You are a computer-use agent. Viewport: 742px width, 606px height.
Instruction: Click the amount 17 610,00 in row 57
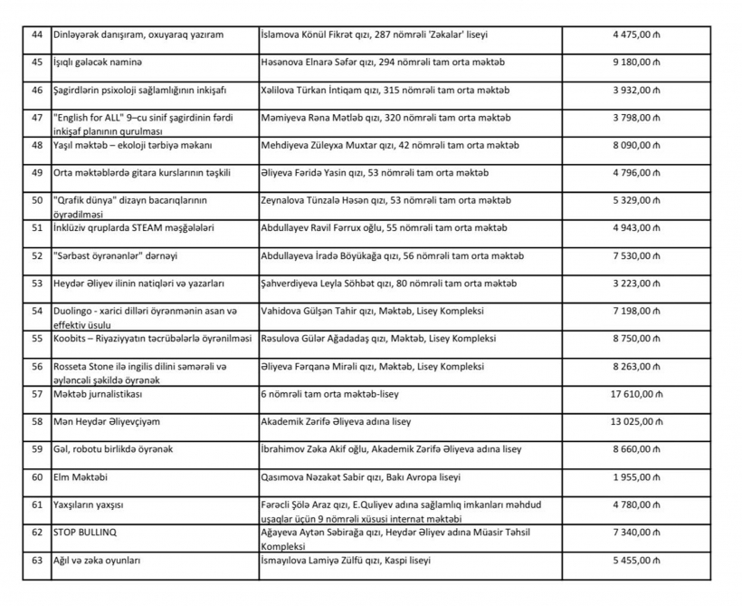click(637, 394)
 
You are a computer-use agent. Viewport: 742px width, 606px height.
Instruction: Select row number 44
click(37, 34)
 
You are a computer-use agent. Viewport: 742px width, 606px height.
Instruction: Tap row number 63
click(37, 561)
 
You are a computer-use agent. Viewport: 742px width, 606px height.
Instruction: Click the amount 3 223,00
click(640, 284)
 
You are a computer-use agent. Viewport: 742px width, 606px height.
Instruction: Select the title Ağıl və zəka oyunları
click(97, 561)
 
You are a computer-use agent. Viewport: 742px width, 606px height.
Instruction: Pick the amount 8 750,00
click(640, 339)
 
